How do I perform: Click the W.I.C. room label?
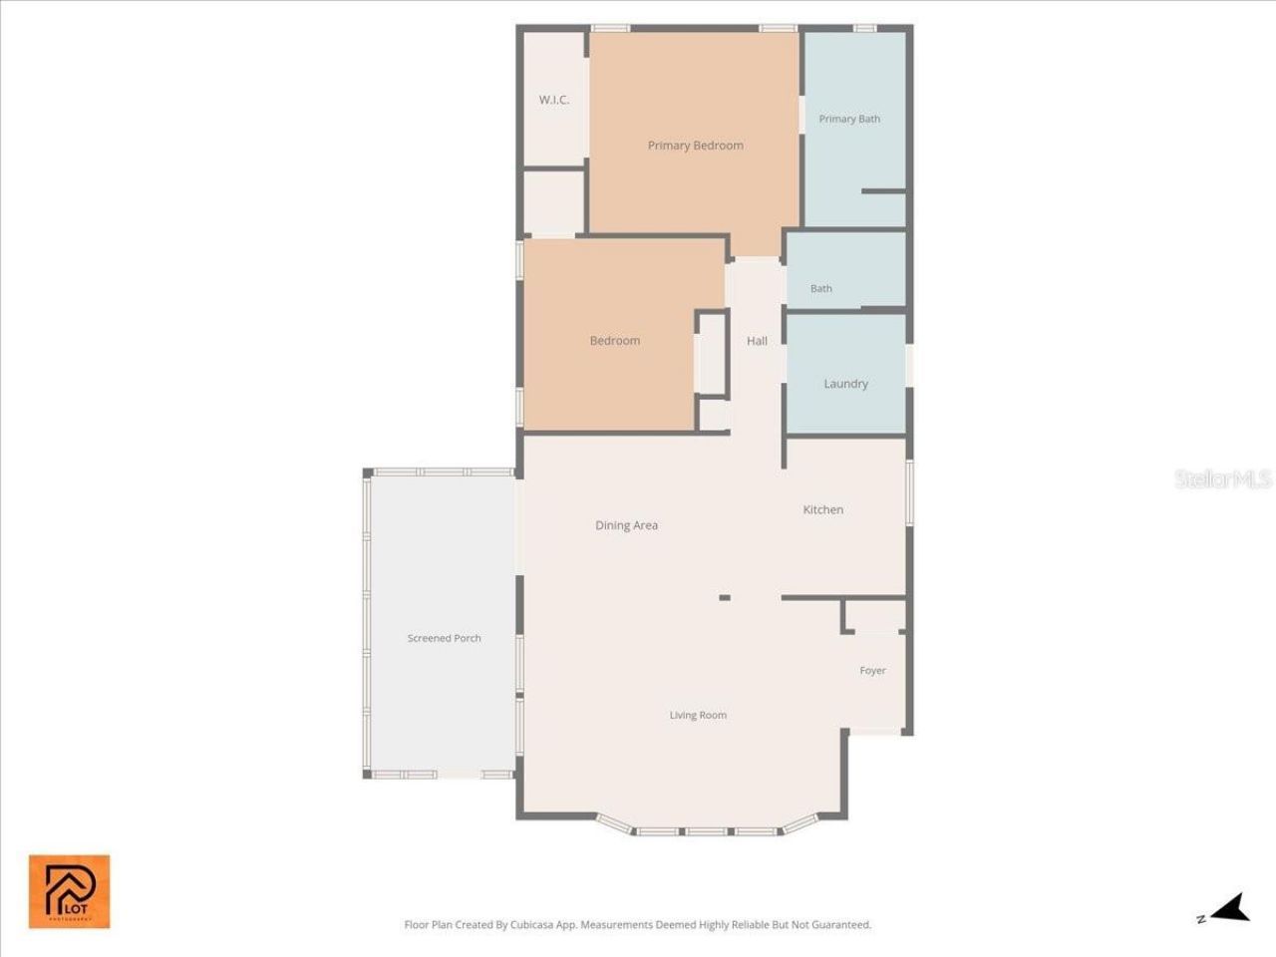(x=553, y=100)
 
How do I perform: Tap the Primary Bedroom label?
(x=695, y=146)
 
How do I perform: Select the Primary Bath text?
(x=849, y=119)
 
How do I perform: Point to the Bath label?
(x=820, y=289)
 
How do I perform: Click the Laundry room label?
(x=845, y=384)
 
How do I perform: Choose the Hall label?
(x=757, y=341)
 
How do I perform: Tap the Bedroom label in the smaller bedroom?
(x=614, y=341)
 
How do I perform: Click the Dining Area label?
(x=626, y=525)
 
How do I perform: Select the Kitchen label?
(x=822, y=509)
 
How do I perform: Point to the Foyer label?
(x=872, y=671)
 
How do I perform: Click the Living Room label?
(x=698, y=715)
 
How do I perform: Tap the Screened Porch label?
(x=444, y=638)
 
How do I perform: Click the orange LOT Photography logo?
(x=69, y=891)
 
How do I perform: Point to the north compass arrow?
(x=1232, y=908)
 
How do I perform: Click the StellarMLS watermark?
(x=1222, y=479)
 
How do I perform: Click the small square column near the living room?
(x=725, y=598)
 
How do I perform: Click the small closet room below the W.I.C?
(x=553, y=204)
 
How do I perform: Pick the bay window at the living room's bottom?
(x=707, y=828)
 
